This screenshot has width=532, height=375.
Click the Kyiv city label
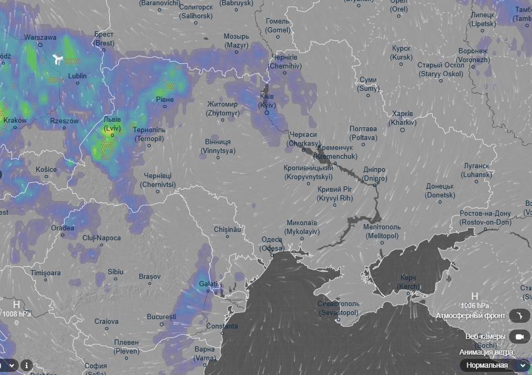click(267, 101)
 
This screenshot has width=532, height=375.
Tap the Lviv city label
click(112, 123)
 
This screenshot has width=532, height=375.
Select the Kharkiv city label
click(402, 118)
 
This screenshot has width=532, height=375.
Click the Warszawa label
click(40, 38)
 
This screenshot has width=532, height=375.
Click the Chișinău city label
click(227, 229)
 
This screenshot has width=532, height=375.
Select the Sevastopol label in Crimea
click(338, 308)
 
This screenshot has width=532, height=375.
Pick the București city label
click(161, 317)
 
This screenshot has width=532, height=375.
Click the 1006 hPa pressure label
click(475, 306)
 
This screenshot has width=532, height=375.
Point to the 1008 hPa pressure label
click(16, 314)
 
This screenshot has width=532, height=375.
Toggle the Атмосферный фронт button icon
click(519, 315)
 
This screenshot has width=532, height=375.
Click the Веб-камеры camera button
click(519, 337)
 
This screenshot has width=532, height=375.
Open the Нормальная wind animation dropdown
click(495, 365)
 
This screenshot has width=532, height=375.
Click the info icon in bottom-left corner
click(26, 365)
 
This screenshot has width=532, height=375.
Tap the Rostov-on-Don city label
click(485, 218)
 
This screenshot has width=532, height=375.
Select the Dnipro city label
click(374, 174)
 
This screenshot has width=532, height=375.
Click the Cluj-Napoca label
click(101, 238)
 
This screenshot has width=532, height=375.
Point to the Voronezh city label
click(473, 55)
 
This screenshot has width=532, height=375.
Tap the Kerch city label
click(408, 283)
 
